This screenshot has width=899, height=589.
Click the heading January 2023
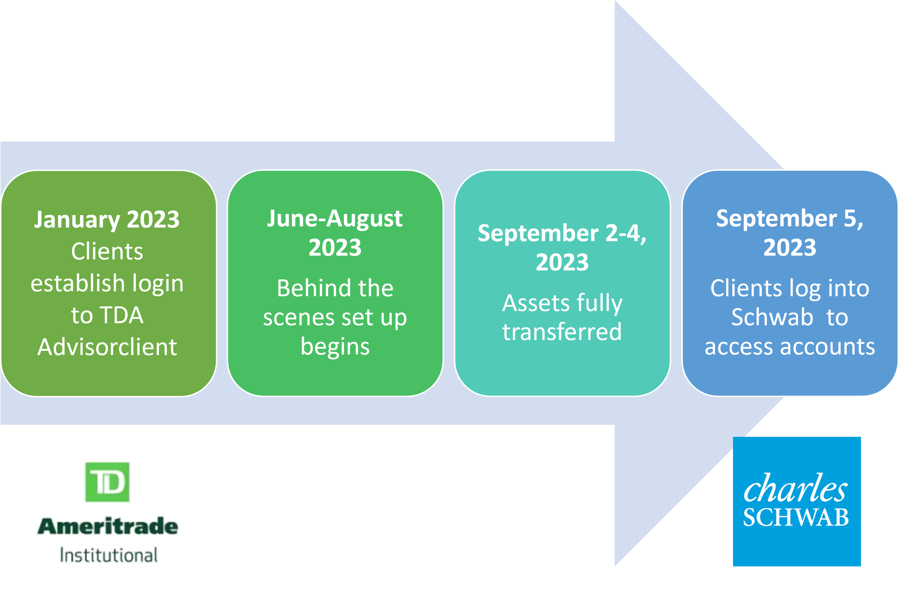pos(107,220)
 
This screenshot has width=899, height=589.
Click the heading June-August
pos(335,219)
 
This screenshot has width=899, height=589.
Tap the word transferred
pos(562,332)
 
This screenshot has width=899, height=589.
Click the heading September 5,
pos(790,219)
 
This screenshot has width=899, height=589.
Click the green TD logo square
pos(107,482)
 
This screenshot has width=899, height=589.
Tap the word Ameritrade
pos(108,526)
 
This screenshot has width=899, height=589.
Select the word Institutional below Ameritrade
pos(109,555)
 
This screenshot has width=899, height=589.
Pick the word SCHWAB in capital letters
pos(796,517)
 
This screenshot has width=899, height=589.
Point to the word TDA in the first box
pos(123,315)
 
